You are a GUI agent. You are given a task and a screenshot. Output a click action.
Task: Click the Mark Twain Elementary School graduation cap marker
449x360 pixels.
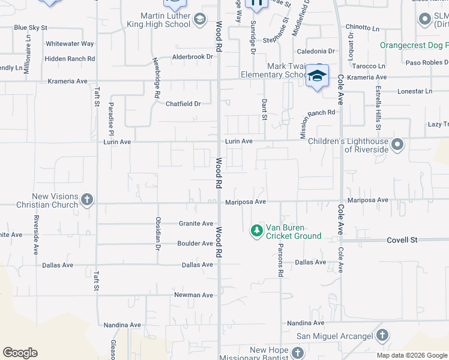click(317, 76)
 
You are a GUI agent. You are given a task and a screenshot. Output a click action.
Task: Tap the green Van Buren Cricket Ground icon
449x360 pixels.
click(257, 230)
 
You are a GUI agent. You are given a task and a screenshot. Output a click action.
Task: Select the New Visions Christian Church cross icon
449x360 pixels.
click(87, 199)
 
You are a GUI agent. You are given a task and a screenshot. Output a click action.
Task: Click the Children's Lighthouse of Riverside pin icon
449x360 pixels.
click(397, 145)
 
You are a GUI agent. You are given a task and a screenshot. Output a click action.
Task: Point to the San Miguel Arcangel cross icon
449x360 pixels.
click(382, 335)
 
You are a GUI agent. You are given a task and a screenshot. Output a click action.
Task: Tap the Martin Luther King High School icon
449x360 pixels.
click(199, 21)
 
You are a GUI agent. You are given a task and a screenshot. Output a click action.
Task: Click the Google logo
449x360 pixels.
click(20, 353)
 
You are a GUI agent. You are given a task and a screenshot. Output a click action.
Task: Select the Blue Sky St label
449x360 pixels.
click(30, 28)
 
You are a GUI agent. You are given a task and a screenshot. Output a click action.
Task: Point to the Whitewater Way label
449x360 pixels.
click(70, 44)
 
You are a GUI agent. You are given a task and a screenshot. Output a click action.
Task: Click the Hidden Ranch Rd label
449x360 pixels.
click(70, 59)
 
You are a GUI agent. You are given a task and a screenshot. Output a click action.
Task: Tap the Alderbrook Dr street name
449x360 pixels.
click(193, 56)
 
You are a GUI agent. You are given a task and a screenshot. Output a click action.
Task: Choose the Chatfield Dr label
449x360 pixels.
click(183, 104)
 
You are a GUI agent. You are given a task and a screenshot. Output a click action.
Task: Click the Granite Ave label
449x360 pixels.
click(196, 224)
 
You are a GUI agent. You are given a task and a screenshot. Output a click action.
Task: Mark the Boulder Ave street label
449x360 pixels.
click(195, 244)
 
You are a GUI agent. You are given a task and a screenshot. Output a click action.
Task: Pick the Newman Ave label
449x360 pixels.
click(194, 295)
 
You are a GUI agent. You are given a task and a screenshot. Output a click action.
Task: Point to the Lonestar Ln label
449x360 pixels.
click(415, 91)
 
